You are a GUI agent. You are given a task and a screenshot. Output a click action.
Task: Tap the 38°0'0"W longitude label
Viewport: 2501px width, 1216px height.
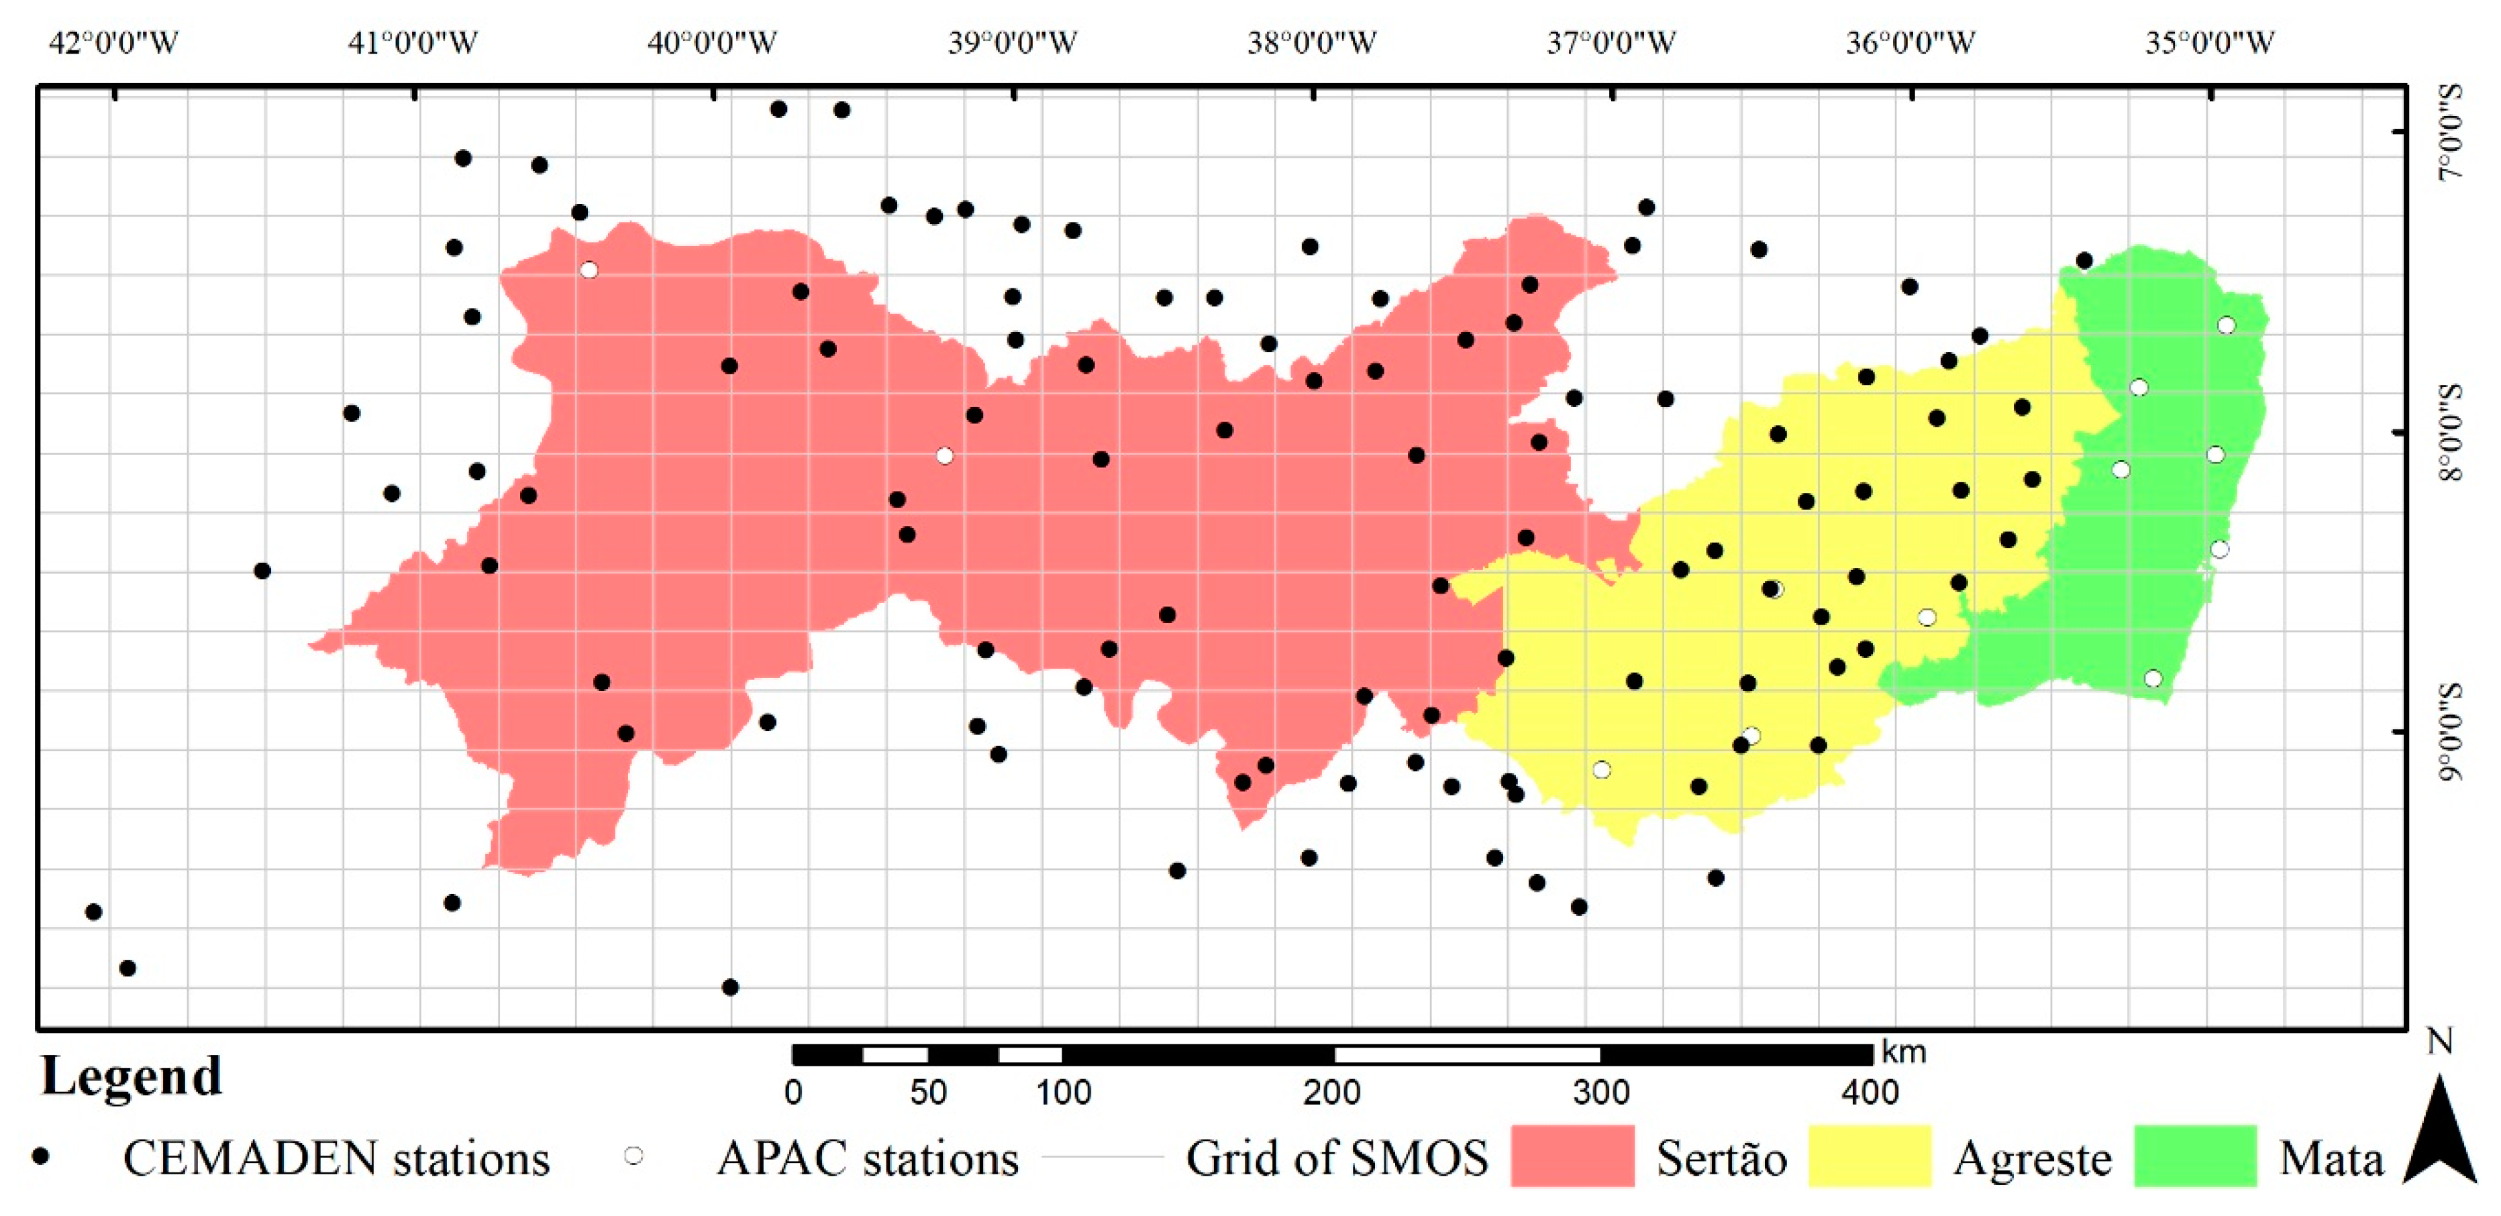pos(1312,43)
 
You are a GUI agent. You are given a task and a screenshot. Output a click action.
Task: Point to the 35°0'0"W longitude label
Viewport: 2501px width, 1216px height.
pos(2210,43)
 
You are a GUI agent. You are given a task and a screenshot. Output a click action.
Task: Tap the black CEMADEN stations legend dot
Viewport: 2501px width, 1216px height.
pos(41,1156)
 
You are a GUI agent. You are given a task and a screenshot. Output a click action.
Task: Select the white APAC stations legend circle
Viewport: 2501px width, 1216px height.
pos(634,1155)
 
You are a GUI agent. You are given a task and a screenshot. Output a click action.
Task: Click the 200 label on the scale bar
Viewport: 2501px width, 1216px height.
pos(1331,1093)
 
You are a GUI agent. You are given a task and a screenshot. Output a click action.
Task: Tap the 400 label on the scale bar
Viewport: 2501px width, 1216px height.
pos(1870,1093)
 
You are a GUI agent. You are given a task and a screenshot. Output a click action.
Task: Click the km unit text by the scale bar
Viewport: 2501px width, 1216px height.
pos(1903,1052)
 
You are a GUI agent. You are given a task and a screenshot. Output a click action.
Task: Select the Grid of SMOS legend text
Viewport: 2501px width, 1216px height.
pos(1337,1158)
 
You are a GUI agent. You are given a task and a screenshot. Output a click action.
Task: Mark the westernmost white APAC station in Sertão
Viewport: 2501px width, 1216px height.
pos(589,270)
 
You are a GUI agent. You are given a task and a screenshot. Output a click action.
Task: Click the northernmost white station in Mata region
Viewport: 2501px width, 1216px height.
pos(2227,325)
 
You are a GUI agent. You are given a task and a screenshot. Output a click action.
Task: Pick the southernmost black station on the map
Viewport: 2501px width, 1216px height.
pos(730,987)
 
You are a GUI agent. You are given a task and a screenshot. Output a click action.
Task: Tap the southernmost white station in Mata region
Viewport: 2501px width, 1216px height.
pos(2153,677)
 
